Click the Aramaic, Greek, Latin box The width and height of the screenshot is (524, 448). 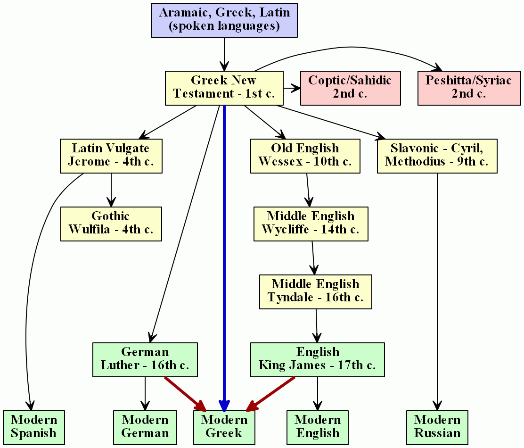224,20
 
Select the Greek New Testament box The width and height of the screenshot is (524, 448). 224,88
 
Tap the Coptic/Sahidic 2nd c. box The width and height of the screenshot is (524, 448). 350,88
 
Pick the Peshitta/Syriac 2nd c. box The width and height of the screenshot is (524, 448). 468,88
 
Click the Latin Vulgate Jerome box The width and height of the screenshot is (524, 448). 111,156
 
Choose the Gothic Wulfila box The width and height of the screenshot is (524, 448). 111,224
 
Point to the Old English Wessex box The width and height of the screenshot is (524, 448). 305,156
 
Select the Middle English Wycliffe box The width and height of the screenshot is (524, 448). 311,224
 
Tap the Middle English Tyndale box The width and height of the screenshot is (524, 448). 316,291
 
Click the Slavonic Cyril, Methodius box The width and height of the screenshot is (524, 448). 437,156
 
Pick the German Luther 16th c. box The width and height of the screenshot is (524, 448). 145,359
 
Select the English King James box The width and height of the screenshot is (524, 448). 317,359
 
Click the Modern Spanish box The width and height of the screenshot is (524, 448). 33,427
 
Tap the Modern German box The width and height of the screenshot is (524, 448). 145,427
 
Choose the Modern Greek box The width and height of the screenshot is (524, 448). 224,427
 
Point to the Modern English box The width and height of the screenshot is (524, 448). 318,427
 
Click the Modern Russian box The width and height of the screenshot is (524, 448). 437,427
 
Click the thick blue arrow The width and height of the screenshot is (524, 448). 224,255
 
